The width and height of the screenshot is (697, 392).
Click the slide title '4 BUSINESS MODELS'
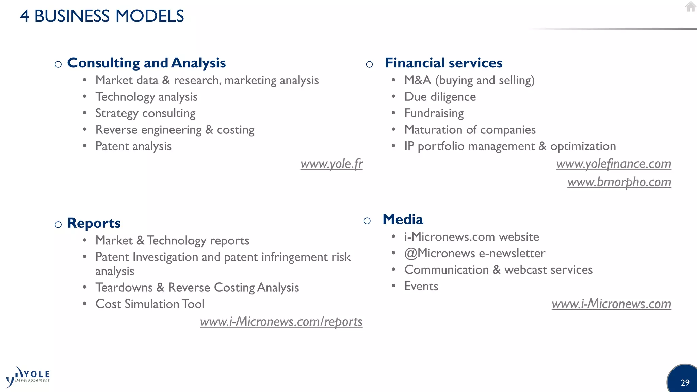click(102, 16)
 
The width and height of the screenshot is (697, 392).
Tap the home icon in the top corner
click(690, 6)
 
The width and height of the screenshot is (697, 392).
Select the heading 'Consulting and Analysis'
click(146, 63)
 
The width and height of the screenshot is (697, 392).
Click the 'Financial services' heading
click(443, 63)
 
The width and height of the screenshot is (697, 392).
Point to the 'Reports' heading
click(94, 223)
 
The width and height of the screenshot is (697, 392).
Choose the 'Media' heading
click(403, 219)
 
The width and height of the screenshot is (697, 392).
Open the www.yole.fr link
click(331, 164)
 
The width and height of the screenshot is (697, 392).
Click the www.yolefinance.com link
click(614, 164)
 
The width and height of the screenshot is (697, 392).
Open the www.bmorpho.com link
click(619, 182)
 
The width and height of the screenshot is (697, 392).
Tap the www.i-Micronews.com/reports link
click(281, 322)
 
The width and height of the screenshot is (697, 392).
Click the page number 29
click(685, 383)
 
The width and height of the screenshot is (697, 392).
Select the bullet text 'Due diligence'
click(440, 97)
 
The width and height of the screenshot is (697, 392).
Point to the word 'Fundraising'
click(434, 113)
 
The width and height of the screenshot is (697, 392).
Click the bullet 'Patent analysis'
click(133, 146)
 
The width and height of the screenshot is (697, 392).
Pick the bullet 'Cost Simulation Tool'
click(150, 304)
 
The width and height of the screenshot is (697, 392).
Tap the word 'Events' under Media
click(421, 286)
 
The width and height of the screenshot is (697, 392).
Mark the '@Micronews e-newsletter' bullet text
click(475, 253)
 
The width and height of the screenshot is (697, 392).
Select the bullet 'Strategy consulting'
click(145, 113)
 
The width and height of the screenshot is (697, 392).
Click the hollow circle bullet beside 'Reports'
click(58, 224)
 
